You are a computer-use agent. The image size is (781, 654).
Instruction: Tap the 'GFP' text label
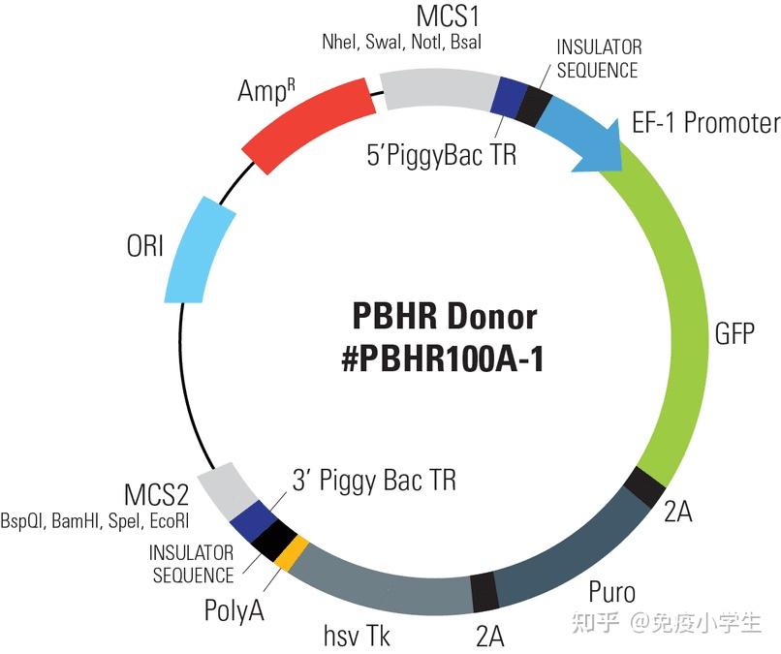tap(734, 334)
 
